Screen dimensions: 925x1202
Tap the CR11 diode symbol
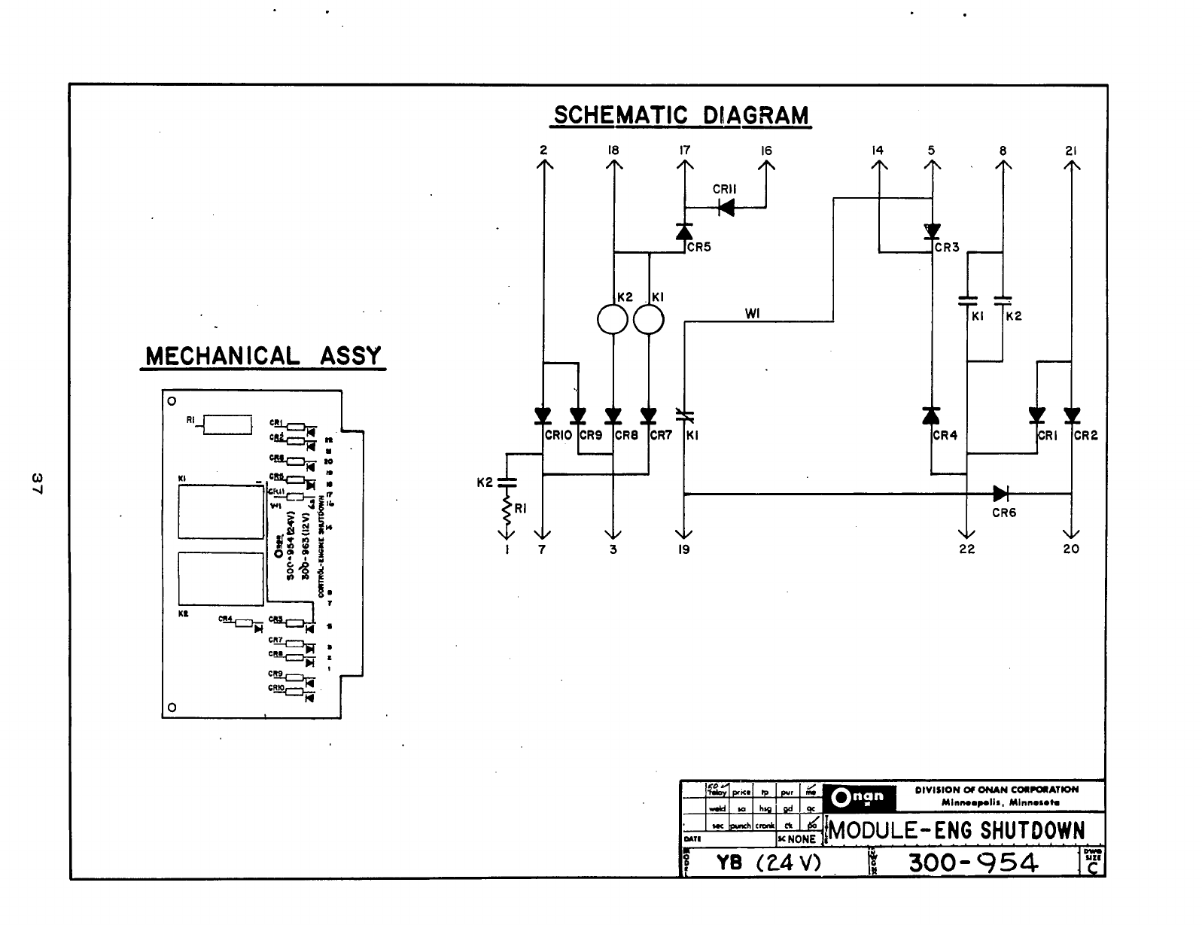click(726, 207)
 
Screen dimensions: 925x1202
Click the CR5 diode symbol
click(683, 232)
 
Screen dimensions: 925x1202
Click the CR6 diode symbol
click(1001, 494)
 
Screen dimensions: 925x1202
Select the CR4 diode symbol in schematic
click(931, 415)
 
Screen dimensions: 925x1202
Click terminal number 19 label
click(683, 549)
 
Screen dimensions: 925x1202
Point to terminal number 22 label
click(967, 549)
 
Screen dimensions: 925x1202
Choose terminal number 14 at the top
click(877, 151)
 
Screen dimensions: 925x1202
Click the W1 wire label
click(752, 314)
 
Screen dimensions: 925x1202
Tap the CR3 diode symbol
click(932, 231)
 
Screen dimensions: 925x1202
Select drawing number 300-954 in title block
click(973, 862)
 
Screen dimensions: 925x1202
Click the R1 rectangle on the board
click(227, 424)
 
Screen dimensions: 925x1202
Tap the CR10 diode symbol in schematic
click(542, 415)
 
